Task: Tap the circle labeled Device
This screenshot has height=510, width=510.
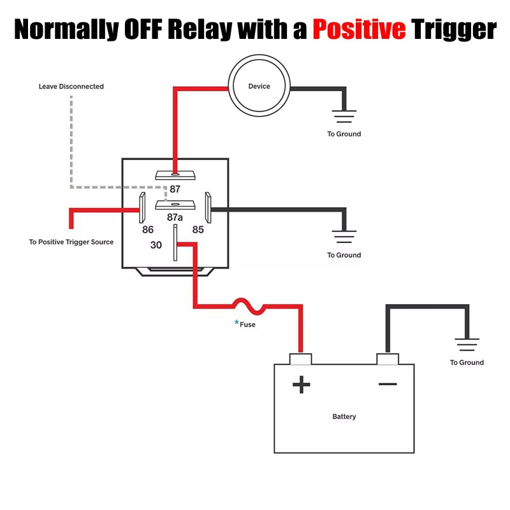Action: tap(259, 86)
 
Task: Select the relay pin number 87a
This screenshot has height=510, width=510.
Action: tap(175, 217)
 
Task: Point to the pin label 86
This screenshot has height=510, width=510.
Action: tap(148, 229)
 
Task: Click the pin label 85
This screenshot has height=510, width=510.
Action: tap(198, 229)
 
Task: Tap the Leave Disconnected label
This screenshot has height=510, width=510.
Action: tap(71, 86)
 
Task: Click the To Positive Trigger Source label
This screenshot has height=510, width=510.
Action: tap(71, 242)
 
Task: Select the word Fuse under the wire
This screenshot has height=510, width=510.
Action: tap(247, 324)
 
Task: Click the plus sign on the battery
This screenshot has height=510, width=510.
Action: tap(301, 384)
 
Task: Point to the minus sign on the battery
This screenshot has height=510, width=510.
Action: tap(388, 384)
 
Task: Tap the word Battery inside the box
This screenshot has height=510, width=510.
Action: tap(344, 417)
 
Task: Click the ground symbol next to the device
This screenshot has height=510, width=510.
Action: tap(344, 117)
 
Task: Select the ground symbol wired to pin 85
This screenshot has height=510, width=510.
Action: tap(344, 238)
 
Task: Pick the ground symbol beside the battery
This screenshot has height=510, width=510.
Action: tap(467, 346)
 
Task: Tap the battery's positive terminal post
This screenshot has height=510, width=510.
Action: tap(300, 359)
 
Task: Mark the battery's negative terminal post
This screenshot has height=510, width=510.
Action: tap(387, 359)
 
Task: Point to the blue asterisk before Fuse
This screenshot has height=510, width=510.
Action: tap(237, 323)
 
